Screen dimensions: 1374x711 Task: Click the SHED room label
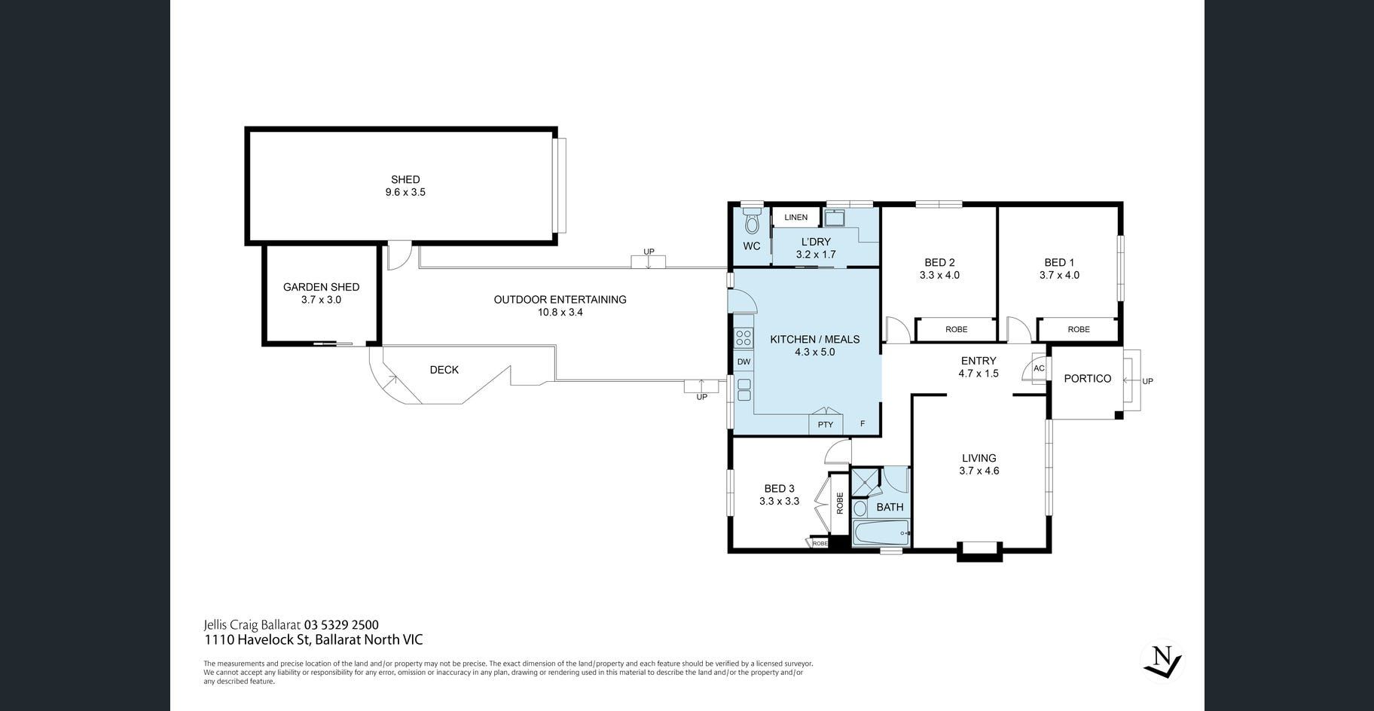(405, 179)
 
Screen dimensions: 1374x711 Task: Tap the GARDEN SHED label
(321, 287)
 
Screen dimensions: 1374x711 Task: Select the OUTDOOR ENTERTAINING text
(560, 299)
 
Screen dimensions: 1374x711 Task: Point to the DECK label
(444, 370)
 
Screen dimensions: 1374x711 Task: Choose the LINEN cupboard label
(795, 218)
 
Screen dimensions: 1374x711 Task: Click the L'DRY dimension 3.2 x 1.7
(816, 255)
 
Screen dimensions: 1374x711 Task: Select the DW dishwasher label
(743, 362)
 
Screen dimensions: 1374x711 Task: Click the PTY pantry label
(826, 425)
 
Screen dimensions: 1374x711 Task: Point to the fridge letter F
(863, 424)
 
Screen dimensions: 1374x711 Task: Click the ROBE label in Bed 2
(956, 329)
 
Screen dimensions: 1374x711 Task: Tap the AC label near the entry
(1039, 368)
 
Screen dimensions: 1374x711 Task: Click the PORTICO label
(1087, 379)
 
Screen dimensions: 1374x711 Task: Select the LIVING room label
(979, 458)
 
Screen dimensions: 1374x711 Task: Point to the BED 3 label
(779, 488)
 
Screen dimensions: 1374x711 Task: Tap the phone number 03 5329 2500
(341, 624)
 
